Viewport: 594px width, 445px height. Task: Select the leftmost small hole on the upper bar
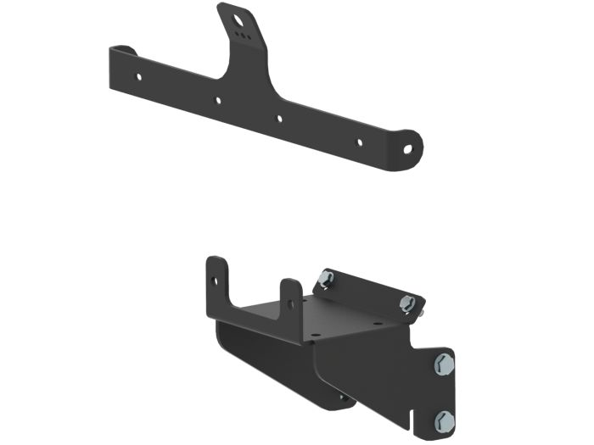coord(140,76)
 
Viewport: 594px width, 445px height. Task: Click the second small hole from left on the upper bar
coord(218,100)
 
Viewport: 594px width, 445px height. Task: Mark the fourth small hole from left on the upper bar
coord(358,142)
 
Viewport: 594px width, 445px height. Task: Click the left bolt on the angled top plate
coord(327,279)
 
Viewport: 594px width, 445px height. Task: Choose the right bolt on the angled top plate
coord(408,303)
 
